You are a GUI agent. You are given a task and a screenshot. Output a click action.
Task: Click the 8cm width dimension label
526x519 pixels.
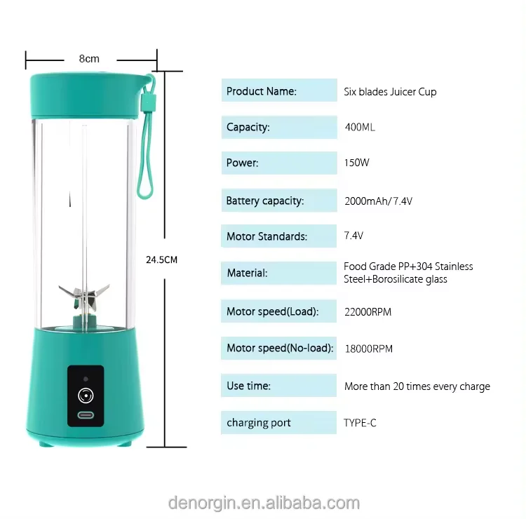coord(89,58)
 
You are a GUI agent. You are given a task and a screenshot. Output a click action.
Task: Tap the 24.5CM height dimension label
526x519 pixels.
coord(161,259)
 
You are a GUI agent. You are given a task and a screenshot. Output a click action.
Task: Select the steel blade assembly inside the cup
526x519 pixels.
coord(85,295)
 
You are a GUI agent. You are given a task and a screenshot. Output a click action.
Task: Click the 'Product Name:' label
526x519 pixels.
coord(262,91)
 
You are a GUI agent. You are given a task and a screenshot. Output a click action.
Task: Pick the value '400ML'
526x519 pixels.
coord(360,128)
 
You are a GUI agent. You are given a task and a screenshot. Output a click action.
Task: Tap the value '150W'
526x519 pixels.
coord(357,163)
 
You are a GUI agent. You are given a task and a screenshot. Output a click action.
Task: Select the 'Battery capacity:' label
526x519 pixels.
coord(265,201)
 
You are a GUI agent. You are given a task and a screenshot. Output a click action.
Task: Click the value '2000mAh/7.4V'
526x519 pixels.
coord(379,201)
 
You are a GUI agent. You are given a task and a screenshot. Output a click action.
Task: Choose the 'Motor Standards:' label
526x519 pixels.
coord(267,236)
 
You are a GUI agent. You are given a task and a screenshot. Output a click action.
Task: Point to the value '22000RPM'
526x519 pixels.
coord(368,311)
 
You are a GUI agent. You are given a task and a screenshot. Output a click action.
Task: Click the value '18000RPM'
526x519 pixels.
coord(368,349)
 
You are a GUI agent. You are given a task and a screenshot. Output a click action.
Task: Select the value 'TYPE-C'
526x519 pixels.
coord(360,423)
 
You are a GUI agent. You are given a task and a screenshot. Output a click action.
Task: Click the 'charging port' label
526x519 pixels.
coord(259,423)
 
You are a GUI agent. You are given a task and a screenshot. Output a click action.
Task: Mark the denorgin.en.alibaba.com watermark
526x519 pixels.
coord(264,502)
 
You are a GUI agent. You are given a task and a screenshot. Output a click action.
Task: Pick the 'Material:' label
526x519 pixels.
coord(247,273)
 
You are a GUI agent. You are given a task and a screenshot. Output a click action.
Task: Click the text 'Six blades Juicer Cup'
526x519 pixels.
coord(390,92)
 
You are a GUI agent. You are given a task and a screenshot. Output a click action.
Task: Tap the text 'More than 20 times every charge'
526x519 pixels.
coord(417,386)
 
